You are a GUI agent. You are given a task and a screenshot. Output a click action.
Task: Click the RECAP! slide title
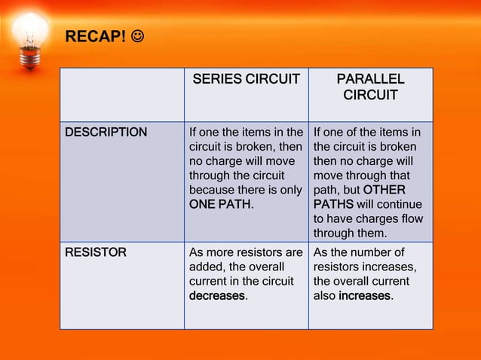[94, 37]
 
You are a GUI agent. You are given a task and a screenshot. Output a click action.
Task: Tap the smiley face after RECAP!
[139, 37]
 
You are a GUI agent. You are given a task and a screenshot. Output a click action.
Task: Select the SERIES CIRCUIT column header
[246, 79]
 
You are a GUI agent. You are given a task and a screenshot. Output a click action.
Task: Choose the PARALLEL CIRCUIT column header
[370, 87]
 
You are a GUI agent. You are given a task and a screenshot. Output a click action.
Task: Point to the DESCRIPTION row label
[106, 133]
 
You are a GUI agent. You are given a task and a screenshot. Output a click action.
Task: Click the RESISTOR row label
[96, 252]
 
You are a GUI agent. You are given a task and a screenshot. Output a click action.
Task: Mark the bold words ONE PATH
[220, 204]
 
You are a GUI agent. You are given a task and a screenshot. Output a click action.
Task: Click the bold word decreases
[216, 295]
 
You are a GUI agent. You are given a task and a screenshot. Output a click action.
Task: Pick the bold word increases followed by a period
[364, 295]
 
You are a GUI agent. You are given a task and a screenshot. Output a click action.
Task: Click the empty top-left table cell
[122, 94]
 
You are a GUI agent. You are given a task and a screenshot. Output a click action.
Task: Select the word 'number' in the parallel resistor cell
[369, 252]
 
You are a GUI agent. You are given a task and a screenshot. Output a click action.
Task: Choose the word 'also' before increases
[324, 295]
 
